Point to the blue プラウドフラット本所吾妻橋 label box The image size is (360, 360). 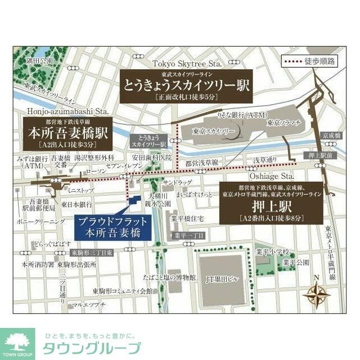tap(107, 226)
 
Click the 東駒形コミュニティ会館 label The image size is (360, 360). tap(123, 291)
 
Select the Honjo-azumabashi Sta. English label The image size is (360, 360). tap(66, 111)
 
